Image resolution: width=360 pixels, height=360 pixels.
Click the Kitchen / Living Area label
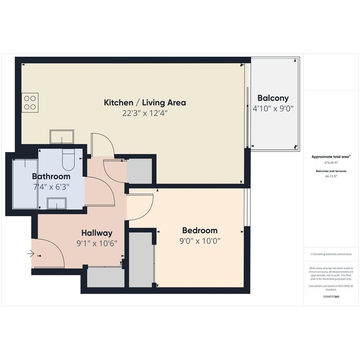pyautogui.click(x=145, y=102)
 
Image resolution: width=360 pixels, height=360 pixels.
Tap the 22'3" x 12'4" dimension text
pyautogui.click(x=145, y=113)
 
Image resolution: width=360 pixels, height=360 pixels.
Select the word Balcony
pyautogui.click(x=273, y=98)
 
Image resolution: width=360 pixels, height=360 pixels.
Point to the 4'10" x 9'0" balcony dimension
pyautogui.click(x=273, y=108)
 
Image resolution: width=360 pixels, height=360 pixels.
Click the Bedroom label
pyautogui.click(x=200, y=230)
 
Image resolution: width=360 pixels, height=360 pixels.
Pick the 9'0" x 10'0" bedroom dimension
pyautogui.click(x=200, y=241)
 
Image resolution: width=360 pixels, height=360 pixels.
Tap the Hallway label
pyautogui.click(x=97, y=233)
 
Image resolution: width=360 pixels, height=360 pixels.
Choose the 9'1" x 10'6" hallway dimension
pyautogui.click(x=97, y=243)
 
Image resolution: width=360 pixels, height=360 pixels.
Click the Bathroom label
pyautogui.click(x=51, y=176)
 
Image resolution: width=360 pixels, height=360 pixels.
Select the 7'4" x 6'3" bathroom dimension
pyautogui.click(x=51, y=187)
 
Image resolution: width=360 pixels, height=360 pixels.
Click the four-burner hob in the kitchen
pyautogui.click(x=30, y=102)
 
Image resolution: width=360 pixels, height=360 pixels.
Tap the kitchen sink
pyautogui.click(x=62, y=137)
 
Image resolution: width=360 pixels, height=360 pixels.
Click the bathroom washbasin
pyautogui.click(x=57, y=203)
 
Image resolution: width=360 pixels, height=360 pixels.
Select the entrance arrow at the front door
pyautogui.click(x=31, y=254)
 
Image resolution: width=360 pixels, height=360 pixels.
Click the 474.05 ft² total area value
pyautogui.click(x=331, y=163)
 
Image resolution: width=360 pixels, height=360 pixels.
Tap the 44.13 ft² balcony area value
pyautogui.click(x=331, y=176)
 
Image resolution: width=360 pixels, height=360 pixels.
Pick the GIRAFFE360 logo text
pyautogui.click(x=331, y=296)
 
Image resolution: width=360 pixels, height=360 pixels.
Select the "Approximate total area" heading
pyautogui.click(x=330, y=157)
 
